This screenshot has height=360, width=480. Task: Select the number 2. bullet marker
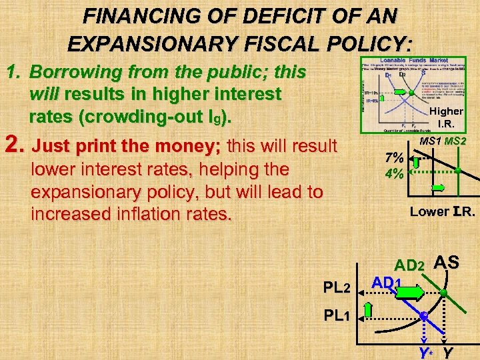(x=15, y=145)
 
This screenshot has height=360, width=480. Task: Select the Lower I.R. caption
(x=442, y=213)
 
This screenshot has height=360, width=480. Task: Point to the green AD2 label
(x=409, y=265)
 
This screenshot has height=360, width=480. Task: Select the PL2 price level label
(x=337, y=287)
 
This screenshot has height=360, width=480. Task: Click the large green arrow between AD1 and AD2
(x=409, y=293)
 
